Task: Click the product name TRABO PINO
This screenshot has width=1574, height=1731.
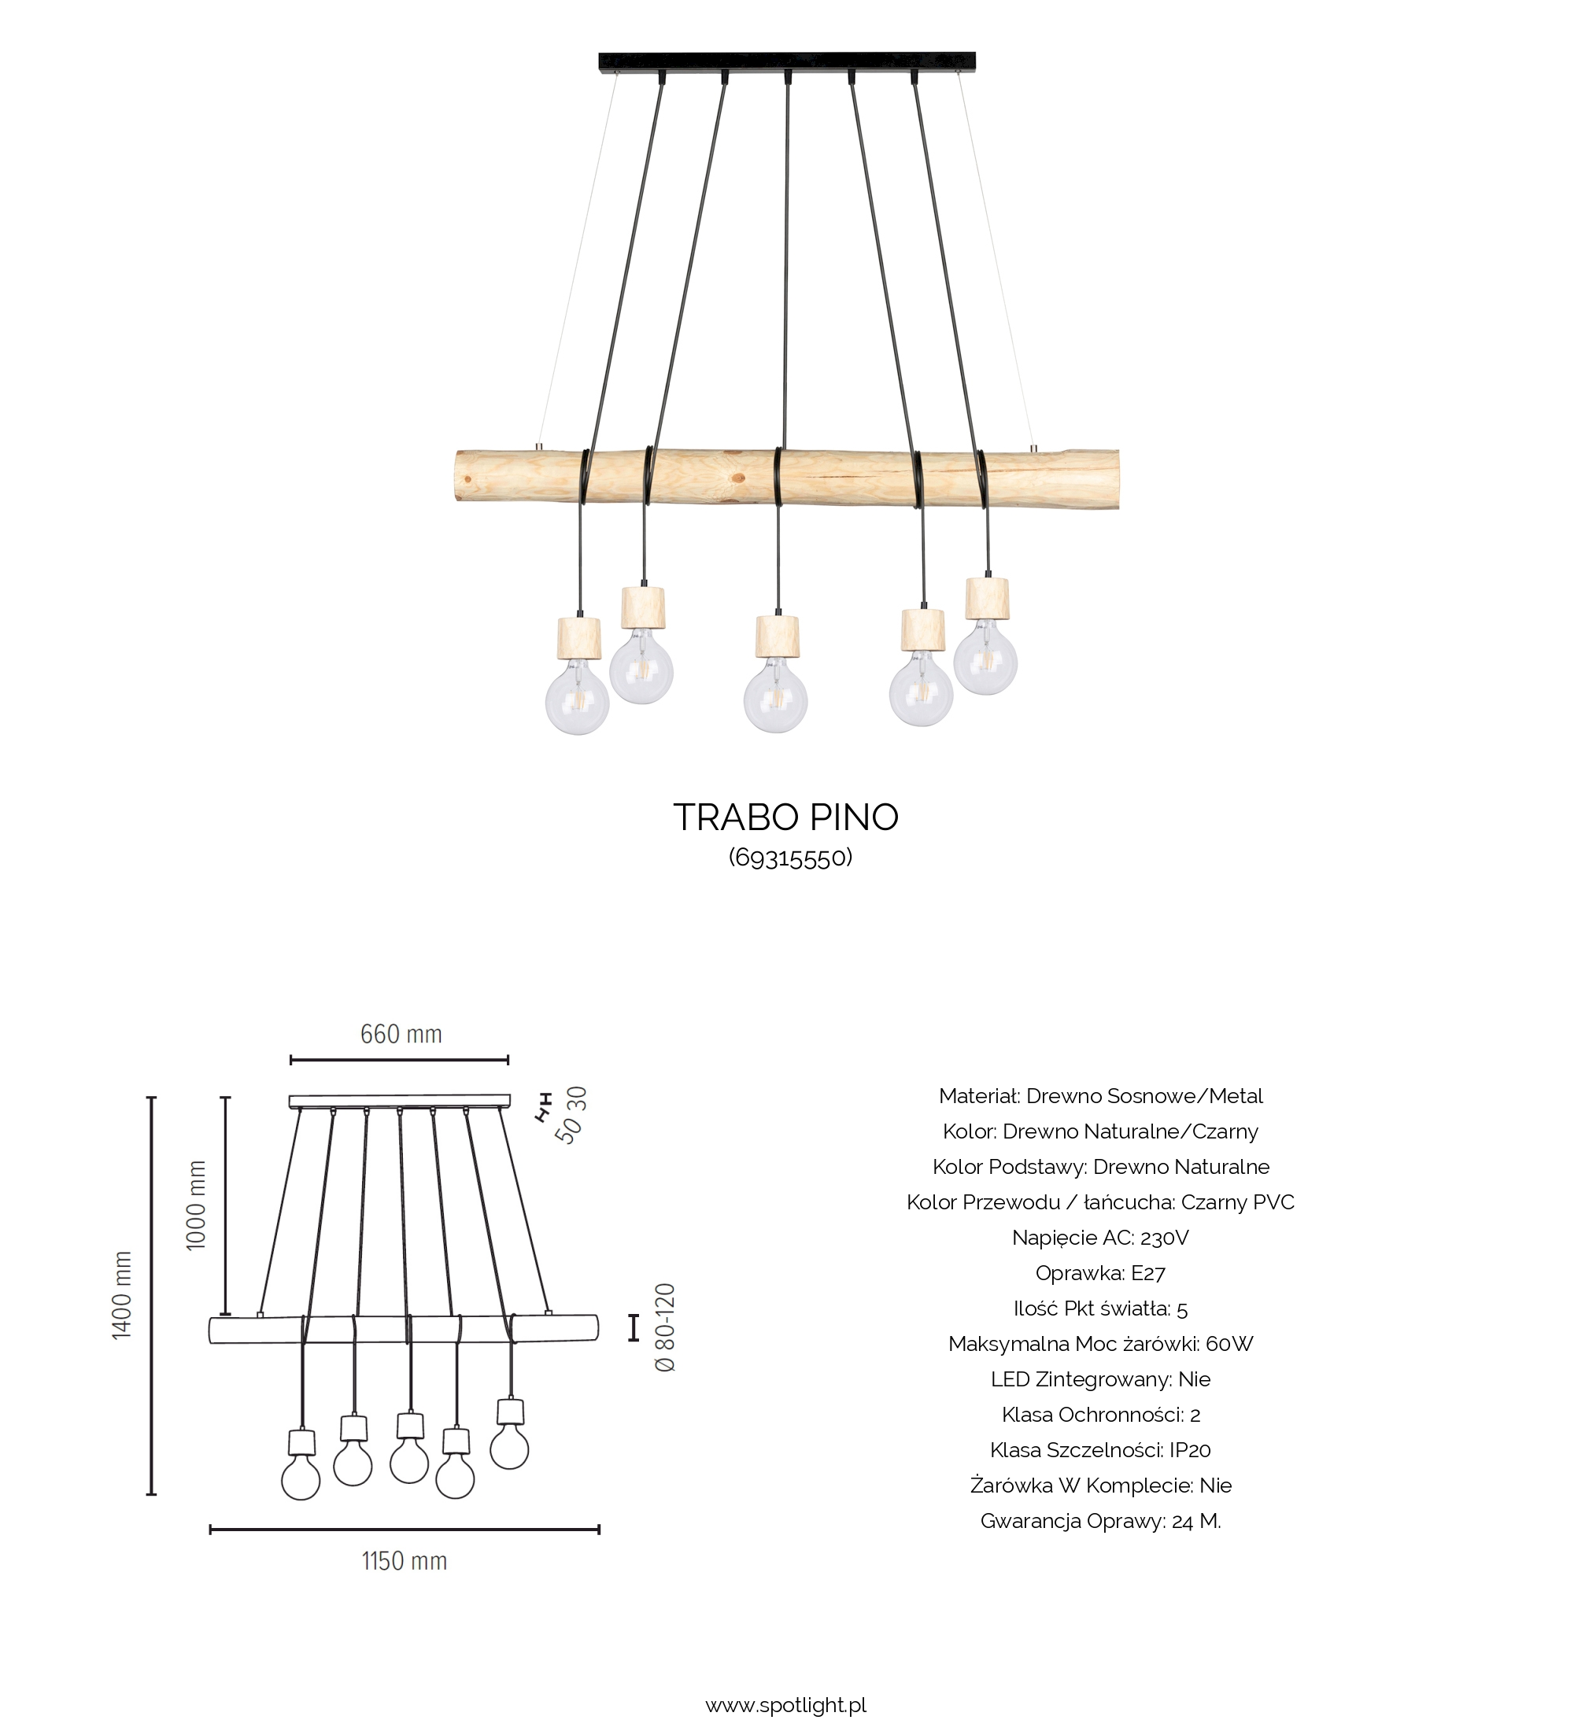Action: tap(785, 818)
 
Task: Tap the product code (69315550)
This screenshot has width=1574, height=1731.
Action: tap(790, 857)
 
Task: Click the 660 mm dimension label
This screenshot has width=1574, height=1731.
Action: tap(401, 1034)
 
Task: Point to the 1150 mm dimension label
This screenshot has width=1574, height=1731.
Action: tap(405, 1561)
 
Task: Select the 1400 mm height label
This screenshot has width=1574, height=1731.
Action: tap(123, 1295)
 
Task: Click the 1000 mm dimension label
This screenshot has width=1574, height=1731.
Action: tap(197, 1205)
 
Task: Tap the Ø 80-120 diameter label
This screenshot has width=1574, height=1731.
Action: tap(666, 1327)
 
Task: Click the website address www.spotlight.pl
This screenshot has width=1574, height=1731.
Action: tap(785, 1705)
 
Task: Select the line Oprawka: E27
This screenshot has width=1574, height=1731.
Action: tap(1100, 1272)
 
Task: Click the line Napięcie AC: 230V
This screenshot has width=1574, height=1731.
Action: tap(1100, 1238)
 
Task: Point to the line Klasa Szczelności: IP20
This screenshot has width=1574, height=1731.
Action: tap(1100, 1449)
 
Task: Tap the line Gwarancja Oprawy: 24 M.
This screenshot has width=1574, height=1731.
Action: tap(1100, 1521)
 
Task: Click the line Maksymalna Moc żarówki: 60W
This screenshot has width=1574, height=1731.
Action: tap(1100, 1344)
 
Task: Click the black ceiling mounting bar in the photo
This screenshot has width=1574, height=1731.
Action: tap(786, 61)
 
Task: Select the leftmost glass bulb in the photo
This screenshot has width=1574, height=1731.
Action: tap(577, 699)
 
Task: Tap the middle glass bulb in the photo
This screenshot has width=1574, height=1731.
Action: tap(775, 697)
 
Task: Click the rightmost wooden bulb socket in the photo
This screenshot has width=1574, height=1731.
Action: tap(987, 599)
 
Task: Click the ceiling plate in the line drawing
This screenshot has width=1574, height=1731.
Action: tap(399, 1101)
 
